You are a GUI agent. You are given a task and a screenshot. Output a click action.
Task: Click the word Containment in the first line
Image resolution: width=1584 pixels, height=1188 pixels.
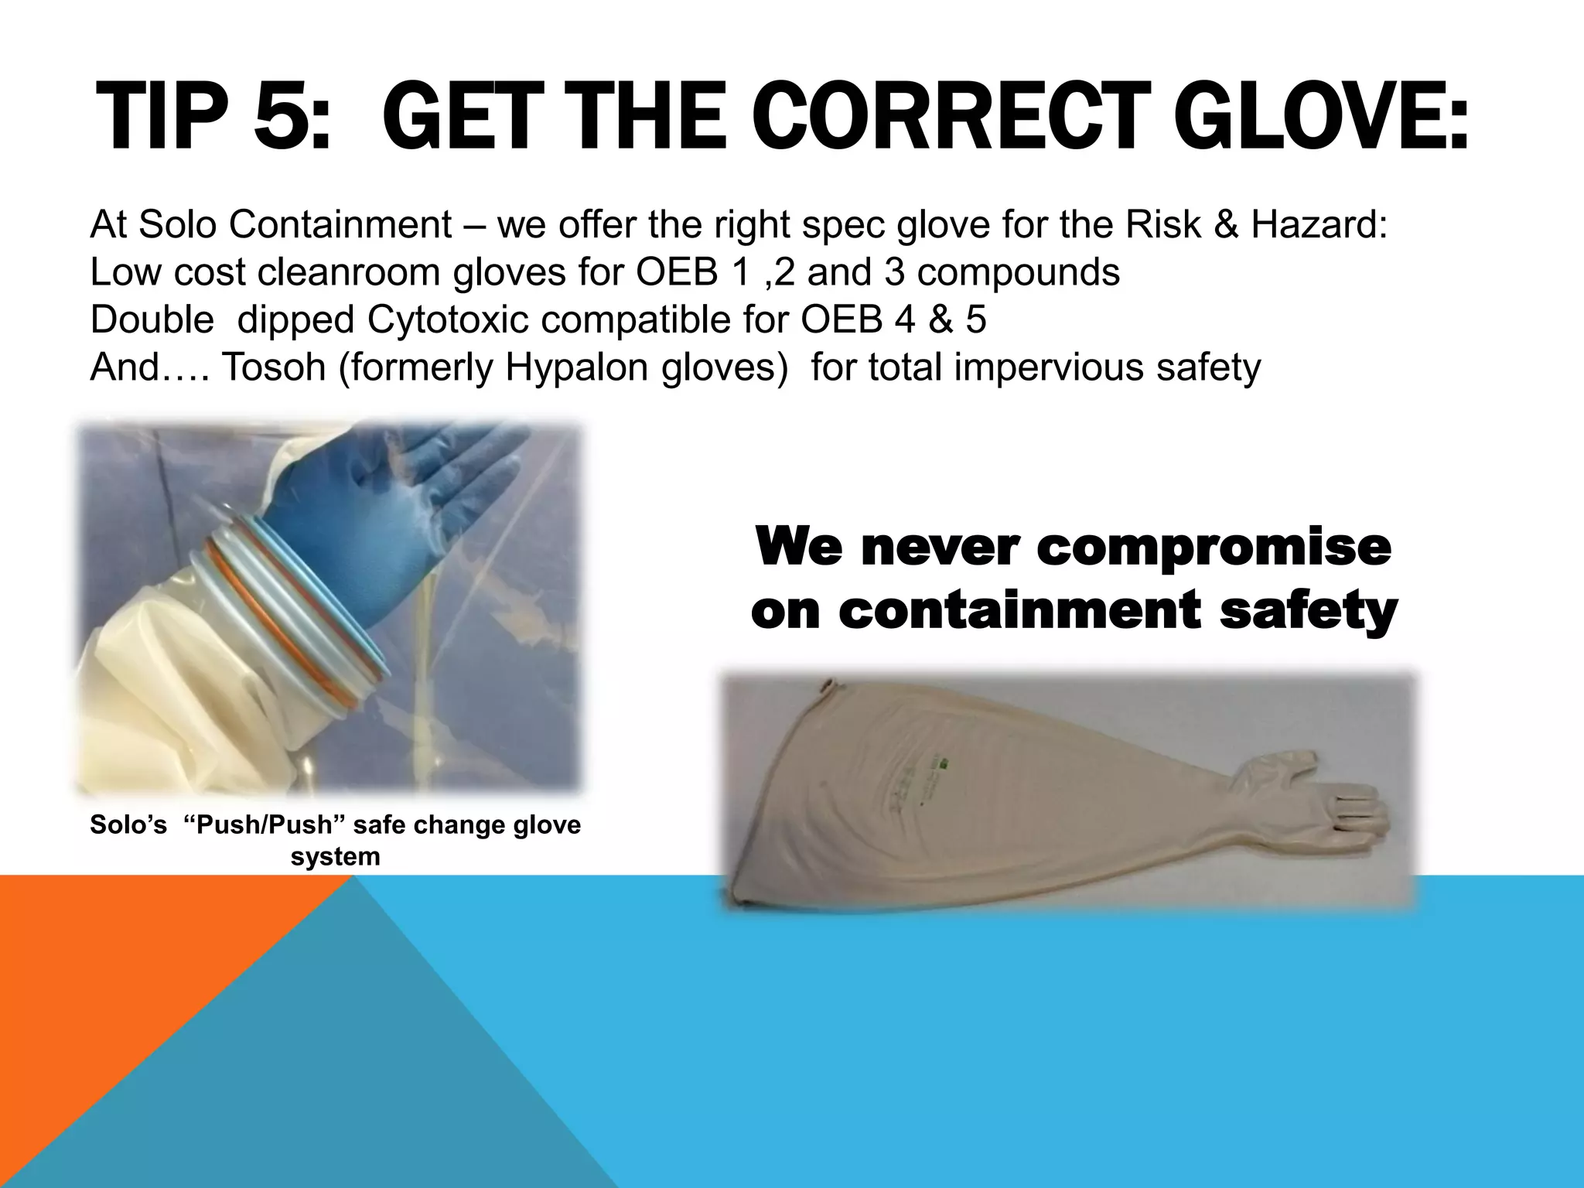pyautogui.click(x=340, y=225)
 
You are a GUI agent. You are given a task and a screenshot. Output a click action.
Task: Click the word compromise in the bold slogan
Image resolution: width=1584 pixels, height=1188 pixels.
pyautogui.click(x=1214, y=547)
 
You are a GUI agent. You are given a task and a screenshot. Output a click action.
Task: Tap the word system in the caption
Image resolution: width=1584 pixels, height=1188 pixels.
pyautogui.click(x=335, y=857)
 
